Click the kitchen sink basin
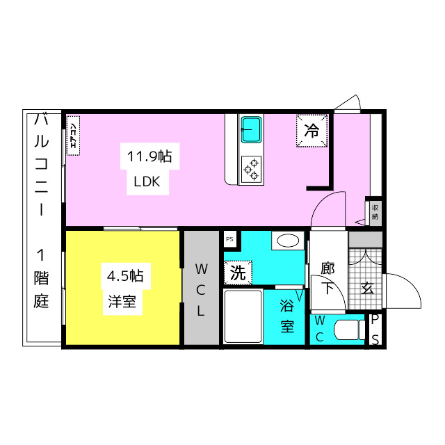click(x=251, y=130)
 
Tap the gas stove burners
click(x=251, y=170)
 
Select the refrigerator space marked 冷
click(x=312, y=131)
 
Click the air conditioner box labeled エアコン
click(x=73, y=136)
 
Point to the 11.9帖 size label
click(x=149, y=156)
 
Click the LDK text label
click(x=147, y=181)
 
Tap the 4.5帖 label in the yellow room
click(x=125, y=276)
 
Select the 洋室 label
click(x=122, y=301)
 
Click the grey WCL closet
click(x=202, y=288)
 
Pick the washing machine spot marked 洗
click(x=238, y=273)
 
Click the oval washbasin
click(x=288, y=241)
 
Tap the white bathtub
click(x=243, y=316)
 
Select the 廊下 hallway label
click(x=328, y=279)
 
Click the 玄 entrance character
click(x=367, y=289)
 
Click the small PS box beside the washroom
click(x=229, y=239)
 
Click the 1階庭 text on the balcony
click(x=42, y=279)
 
